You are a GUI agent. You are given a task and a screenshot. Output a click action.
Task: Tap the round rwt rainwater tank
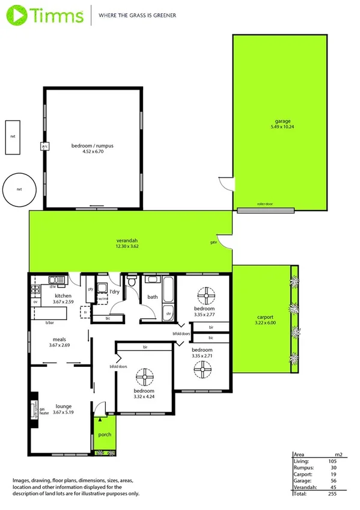pos(19,189)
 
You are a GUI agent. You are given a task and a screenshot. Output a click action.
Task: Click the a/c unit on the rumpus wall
pos(44,146)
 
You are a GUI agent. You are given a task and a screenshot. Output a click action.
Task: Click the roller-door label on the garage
pos(264,204)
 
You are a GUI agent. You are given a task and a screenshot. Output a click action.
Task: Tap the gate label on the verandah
pos(213,242)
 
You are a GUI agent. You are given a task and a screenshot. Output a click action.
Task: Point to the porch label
pos(105,435)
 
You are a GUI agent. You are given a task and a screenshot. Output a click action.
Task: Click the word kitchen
pos(64,296)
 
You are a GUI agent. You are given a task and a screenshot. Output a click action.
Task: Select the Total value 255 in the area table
pos(332,493)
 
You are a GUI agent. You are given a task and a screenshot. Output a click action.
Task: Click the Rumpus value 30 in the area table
pos(332,467)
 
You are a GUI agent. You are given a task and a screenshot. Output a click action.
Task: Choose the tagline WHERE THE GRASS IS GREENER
pos(137,14)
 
